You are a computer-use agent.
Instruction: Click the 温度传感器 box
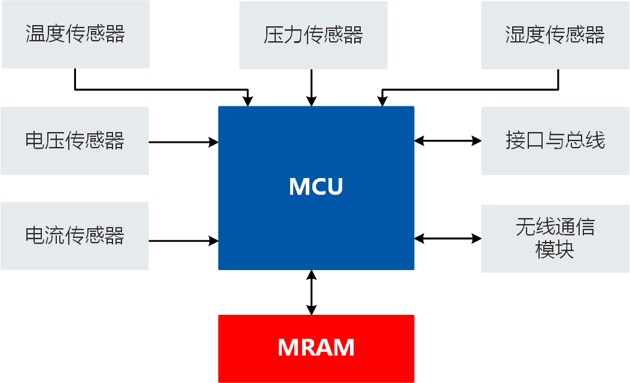point(75,34)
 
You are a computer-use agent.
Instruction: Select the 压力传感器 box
point(313,35)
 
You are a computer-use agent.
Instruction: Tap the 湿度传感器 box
point(555,35)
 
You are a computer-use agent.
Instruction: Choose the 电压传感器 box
point(75,141)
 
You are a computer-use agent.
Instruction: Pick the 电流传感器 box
point(75,235)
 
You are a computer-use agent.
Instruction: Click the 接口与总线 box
point(555,141)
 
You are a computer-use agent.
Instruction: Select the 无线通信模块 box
point(555,238)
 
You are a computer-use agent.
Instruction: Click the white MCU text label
point(316,187)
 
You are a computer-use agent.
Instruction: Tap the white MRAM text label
point(316,347)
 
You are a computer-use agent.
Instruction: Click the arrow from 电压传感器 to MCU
point(182,142)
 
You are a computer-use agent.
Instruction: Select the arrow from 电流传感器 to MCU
point(182,241)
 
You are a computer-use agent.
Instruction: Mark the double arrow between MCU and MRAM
point(311,292)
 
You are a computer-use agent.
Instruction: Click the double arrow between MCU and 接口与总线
point(448,141)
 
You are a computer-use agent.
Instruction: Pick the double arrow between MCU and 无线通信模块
point(448,238)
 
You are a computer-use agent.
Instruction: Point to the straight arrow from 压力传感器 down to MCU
point(311,87)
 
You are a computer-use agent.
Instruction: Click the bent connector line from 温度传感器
point(162,90)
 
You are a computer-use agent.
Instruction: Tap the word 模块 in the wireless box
point(555,250)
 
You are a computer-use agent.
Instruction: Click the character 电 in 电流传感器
point(35,235)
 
